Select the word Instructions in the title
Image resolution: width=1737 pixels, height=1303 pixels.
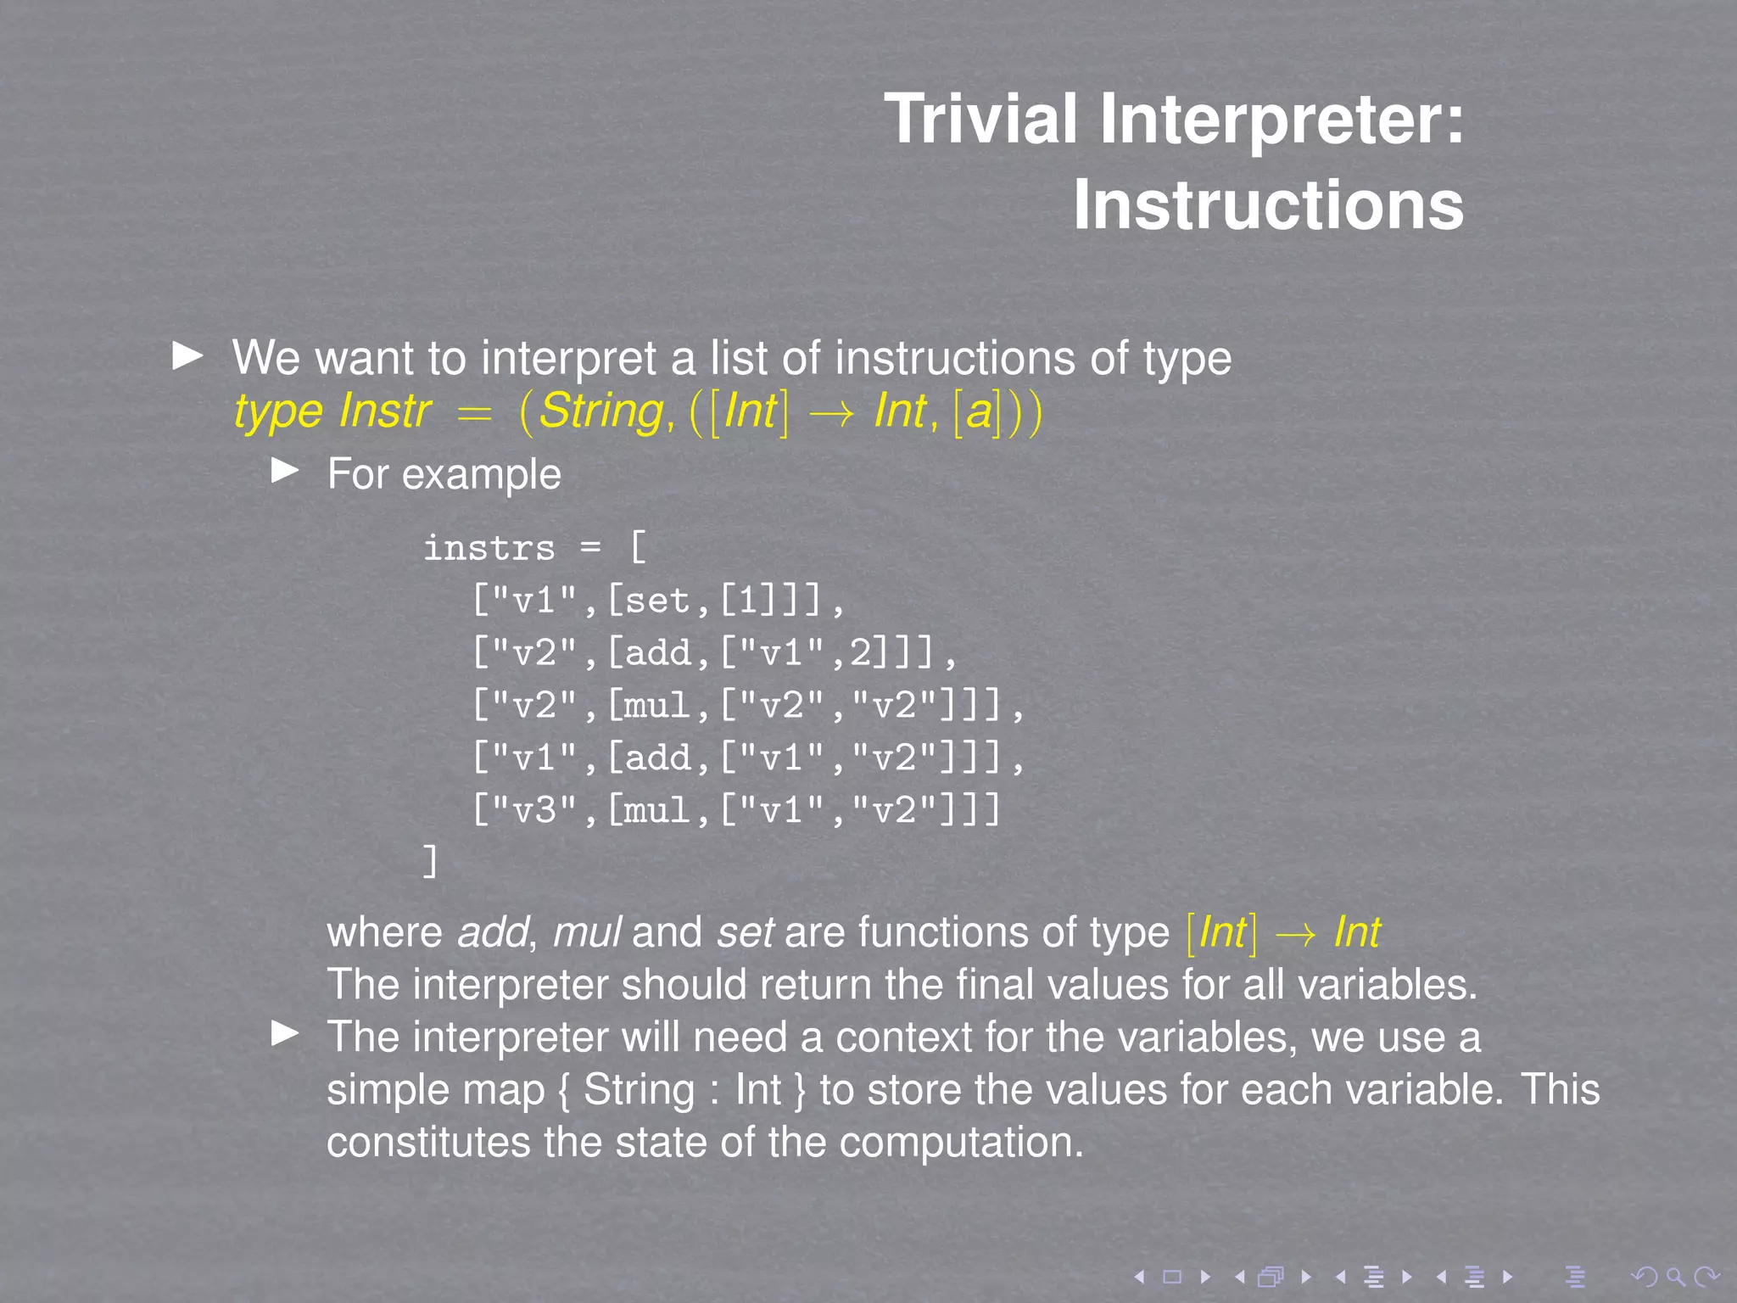pyautogui.click(x=1268, y=205)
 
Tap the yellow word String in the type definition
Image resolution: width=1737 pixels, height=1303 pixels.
pyautogui.click(x=601, y=411)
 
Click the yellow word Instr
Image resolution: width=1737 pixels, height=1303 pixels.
pyautogui.click(x=385, y=411)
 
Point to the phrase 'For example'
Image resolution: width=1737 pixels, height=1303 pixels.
pyautogui.click(x=444, y=474)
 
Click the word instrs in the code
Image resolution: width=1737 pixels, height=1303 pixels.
pyautogui.click(x=489, y=549)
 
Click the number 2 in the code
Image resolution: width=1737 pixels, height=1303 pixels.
pyautogui.click(x=861, y=653)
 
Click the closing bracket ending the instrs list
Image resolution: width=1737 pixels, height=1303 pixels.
pyautogui.click(x=430, y=862)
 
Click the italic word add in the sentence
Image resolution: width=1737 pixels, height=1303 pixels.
pyautogui.click(x=493, y=932)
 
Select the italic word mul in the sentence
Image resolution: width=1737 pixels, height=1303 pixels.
pyautogui.click(x=587, y=932)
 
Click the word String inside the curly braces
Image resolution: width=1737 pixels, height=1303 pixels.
pyautogui.click(x=639, y=1090)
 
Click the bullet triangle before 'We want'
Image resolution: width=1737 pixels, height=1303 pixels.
pyautogui.click(x=187, y=356)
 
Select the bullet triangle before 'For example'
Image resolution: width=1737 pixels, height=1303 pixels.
pyautogui.click(x=285, y=471)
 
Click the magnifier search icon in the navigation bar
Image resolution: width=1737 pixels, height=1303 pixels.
pyautogui.click(x=1675, y=1277)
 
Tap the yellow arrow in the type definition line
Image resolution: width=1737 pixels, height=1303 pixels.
pyautogui.click(x=831, y=413)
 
